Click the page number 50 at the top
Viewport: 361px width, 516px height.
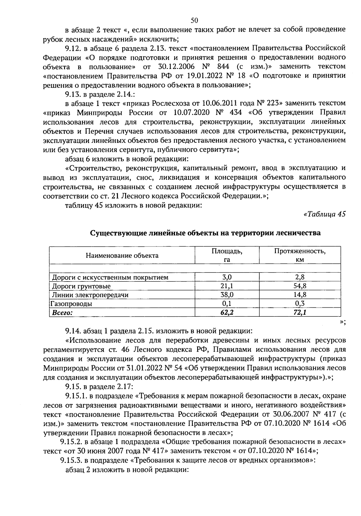[x=194, y=20]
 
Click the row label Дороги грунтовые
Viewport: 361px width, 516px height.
[x=81, y=286]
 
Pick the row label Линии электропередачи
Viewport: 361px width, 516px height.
[x=90, y=295]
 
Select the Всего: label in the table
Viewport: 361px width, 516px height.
[x=62, y=312]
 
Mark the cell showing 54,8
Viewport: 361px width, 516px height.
[x=300, y=286]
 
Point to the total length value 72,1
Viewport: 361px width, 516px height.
[x=300, y=312]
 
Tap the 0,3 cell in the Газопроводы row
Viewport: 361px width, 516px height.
[x=300, y=304]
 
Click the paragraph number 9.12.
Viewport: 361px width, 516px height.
[x=72, y=48]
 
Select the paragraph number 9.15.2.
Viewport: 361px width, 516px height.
[x=71, y=442]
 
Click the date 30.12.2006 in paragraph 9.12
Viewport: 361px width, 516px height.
[x=177, y=66]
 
